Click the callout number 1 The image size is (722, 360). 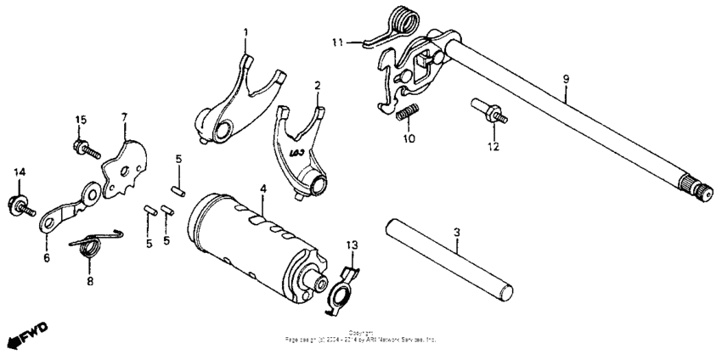(x=245, y=33)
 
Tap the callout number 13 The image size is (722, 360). (x=353, y=245)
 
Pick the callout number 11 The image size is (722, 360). (x=337, y=42)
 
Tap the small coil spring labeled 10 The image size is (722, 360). (x=409, y=112)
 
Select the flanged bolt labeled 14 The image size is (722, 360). (x=19, y=204)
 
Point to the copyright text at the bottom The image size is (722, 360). (x=361, y=337)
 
